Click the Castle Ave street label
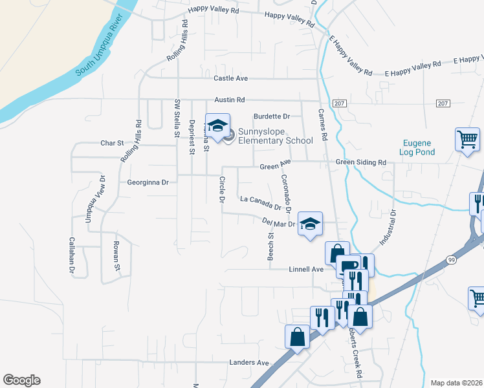click(231, 79)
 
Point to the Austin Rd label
click(230, 100)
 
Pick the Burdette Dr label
click(272, 116)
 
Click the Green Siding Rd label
click(360, 162)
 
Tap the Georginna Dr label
click(148, 183)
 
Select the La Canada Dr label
click(261, 203)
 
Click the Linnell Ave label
click(306, 268)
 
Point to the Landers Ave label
click(248, 363)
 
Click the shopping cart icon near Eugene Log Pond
click(467, 139)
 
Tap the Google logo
click(21, 380)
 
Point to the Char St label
click(111, 144)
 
